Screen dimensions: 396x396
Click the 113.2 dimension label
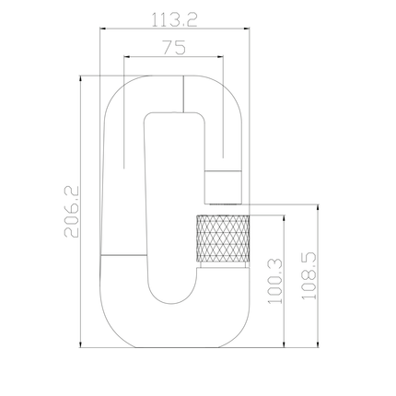pos(174,20)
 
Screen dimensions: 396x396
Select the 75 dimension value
pos(174,48)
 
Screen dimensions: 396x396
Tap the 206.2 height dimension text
pos(72,212)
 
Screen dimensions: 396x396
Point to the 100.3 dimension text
pos(275,282)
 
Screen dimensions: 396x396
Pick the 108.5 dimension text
pos(309,275)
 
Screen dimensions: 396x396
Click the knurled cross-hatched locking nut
pos(223,239)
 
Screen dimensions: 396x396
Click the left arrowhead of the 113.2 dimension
pos(103,29)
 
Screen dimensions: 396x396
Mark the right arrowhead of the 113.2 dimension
pos(247,29)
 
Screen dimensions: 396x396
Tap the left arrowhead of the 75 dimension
pos(126,56)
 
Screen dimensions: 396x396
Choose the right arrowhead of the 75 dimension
pos(220,56)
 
